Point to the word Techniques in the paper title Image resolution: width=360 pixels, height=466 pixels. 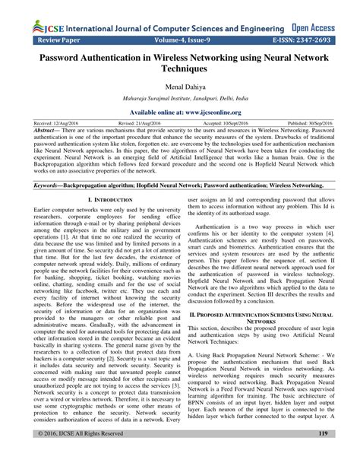click(x=180, y=68)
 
